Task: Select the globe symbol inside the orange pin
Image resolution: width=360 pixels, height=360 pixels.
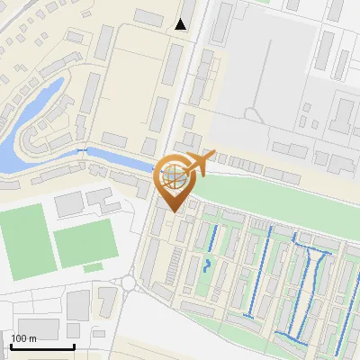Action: pos(172,175)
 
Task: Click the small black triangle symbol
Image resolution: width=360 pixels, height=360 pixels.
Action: pos(181,24)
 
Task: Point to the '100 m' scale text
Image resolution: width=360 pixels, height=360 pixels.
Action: pos(24,337)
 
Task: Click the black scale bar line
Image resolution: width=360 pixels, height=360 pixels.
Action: pos(42,346)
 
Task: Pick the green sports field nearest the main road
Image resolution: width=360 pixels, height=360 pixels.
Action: pos(85,244)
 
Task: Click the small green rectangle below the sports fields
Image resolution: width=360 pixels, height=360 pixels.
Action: pos(93,267)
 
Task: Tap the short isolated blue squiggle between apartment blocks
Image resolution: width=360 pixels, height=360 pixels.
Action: pos(207,265)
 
